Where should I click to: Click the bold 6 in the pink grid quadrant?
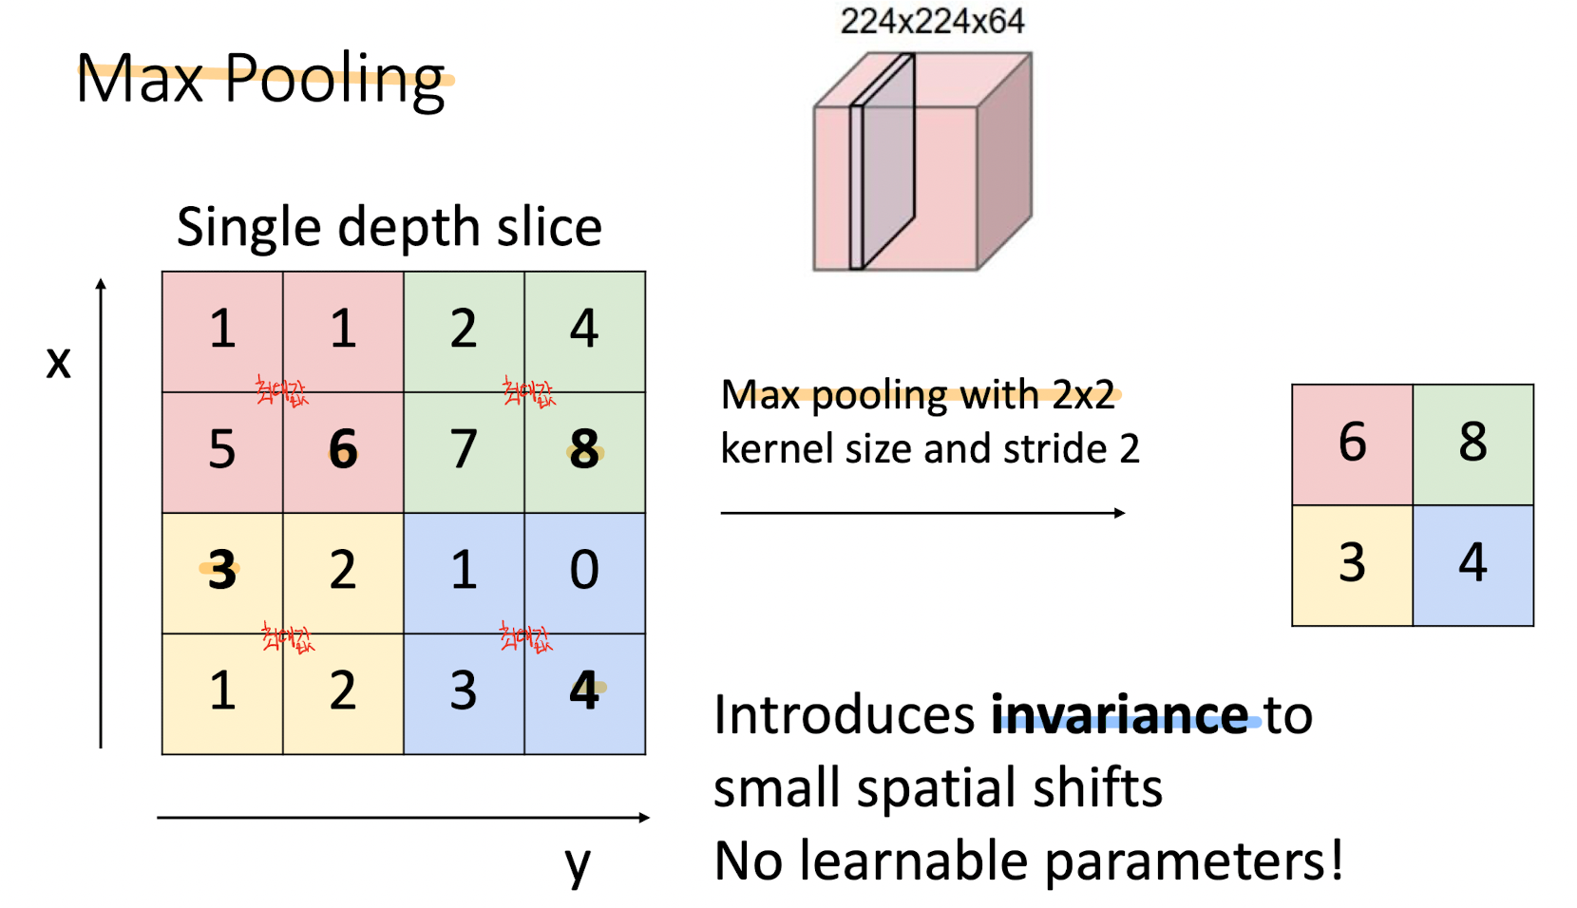tap(343, 448)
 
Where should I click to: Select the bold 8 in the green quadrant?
tap(584, 448)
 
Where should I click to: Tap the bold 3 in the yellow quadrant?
tap(221, 570)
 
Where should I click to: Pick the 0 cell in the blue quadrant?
tap(584, 570)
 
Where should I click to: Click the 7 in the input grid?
tap(464, 448)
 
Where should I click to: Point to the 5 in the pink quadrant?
tap(221, 448)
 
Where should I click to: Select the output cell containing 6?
tap(1352, 443)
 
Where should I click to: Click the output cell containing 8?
tap(1472, 443)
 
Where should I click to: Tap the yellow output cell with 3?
tap(1352, 563)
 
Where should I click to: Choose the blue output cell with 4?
tap(1472, 563)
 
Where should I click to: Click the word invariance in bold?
tap(1119, 714)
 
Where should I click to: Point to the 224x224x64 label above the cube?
tap(932, 21)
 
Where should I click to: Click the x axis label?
tap(58, 362)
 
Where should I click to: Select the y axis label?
tap(577, 863)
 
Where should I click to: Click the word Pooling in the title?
tap(335, 80)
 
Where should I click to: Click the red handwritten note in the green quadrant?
tap(528, 391)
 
